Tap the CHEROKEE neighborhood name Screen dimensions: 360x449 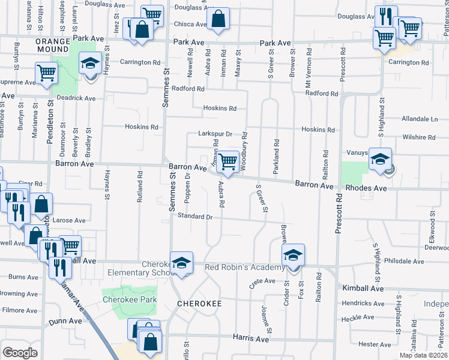click(199, 304)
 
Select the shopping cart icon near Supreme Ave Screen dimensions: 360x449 click(46, 73)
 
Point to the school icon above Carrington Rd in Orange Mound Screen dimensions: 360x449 click(90, 63)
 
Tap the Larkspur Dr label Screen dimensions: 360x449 click(215, 134)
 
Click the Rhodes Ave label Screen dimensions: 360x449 click(364, 187)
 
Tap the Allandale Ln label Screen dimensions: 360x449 click(421, 119)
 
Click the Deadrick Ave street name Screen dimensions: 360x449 click(76, 98)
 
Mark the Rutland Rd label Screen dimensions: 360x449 click(139, 186)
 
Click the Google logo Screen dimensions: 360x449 click(20, 353)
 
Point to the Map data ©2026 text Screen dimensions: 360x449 click(415, 355)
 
